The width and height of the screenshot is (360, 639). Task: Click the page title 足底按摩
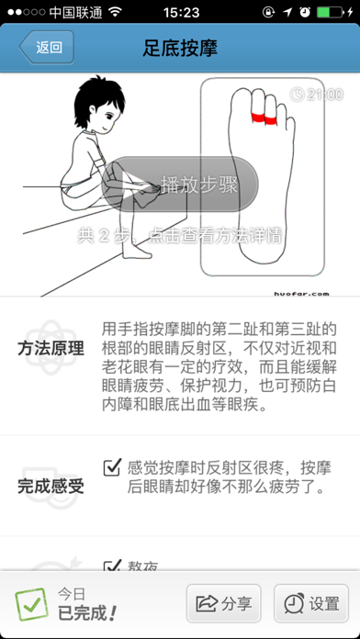(x=180, y=49)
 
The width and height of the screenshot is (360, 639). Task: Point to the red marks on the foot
(x=263, y=117)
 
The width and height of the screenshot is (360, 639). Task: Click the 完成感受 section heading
(x=51, y=485)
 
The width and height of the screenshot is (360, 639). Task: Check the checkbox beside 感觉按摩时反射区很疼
(x=113, y=466)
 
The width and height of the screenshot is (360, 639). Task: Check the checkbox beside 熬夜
(x=113, y=567)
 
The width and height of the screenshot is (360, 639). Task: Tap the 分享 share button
(x=223, y=603)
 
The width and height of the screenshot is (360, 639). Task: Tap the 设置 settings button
(x=311, y=603)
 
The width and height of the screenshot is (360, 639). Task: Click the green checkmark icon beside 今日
(x=30, y=604)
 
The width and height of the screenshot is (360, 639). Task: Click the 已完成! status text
(x=85, y=612)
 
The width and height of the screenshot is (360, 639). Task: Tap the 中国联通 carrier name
(x=74, y=14)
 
